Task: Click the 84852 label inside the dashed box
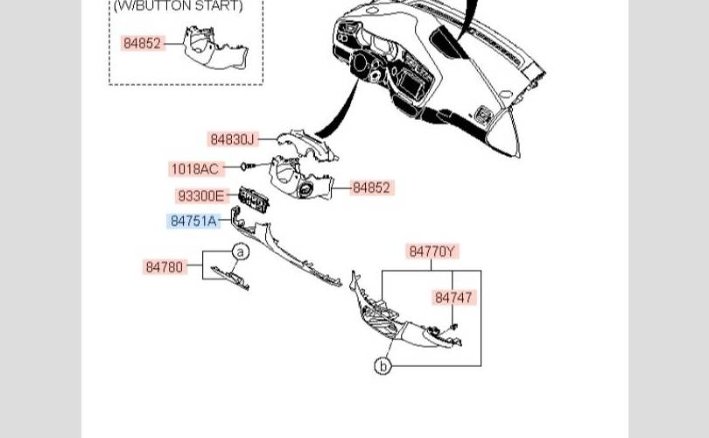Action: tap(142, 44)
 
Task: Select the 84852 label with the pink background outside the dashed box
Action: tap(371, 187)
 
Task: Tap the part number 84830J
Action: tap(233, 139)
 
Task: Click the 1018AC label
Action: tap(195, 169)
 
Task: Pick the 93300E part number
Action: tap(200, 196)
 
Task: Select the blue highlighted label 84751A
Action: tap(193, 221)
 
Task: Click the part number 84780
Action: tap(165, 267)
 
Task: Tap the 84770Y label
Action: tap(432, 251)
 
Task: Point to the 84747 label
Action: tap(453, 298)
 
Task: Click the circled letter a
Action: tap(241, 251)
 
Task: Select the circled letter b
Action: tap(383, 365)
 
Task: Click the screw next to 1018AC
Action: tap(248, 166)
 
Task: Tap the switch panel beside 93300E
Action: tap(254, 199)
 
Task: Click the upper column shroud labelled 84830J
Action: tap(307, 145)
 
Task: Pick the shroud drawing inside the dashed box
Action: tap(215, 47)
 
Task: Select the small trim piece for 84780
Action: tap(230, 278)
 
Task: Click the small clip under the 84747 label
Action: tap(454, 326)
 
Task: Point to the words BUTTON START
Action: tap(189, 6)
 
